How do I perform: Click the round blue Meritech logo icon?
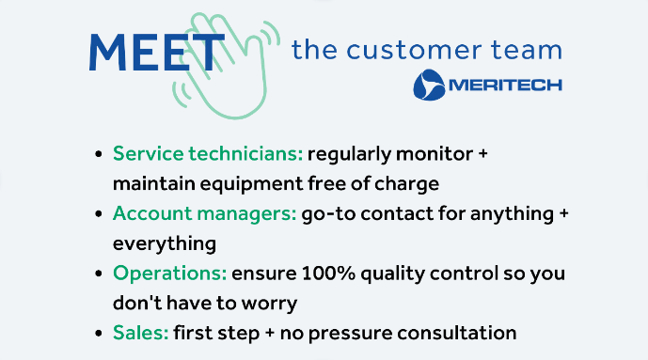point(429,84)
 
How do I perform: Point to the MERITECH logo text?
point(505,85)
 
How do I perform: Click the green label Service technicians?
point(207,153)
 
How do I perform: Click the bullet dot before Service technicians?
point(99,154)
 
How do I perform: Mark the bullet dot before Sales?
point(99,334)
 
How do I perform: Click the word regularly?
point(354,153)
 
